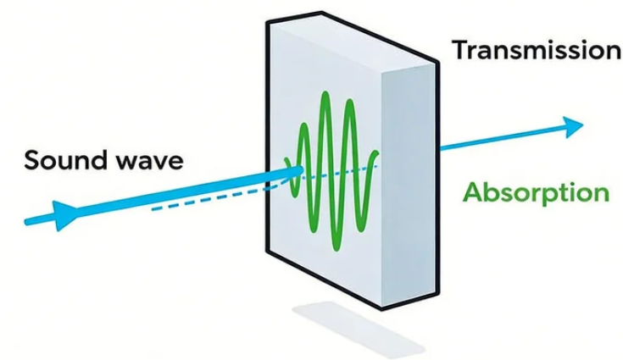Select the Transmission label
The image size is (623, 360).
537,50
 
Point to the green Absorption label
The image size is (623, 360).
536,192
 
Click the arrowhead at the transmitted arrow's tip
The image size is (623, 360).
574,126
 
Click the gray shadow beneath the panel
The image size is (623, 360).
356,326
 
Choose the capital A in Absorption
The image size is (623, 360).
472,192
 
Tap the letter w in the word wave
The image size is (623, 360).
126,161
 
